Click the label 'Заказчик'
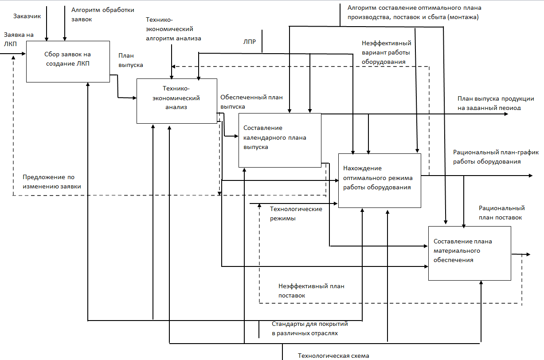click(x=27, y=16)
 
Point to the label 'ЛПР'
click(x=250, y=42)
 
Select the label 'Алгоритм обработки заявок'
click(x=103, y=15)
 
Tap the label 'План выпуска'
click(x=131, y=60)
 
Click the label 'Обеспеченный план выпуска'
click(x=251, y=102)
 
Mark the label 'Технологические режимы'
click(x=296, y=214)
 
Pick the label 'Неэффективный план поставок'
click(x=311, y=291)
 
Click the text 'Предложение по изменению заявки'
click(x=52, y=182)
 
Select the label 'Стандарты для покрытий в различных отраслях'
click(x=309, y=329)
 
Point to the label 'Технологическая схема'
click(x=333, y=356)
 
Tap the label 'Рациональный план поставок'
click(x=502, y=213)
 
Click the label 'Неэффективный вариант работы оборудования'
click(x=386, y=52)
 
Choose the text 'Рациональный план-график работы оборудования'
click(x=496, y=157)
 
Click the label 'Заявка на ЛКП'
click(x=19, y=39)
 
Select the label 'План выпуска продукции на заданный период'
click(x=496, y=103)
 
